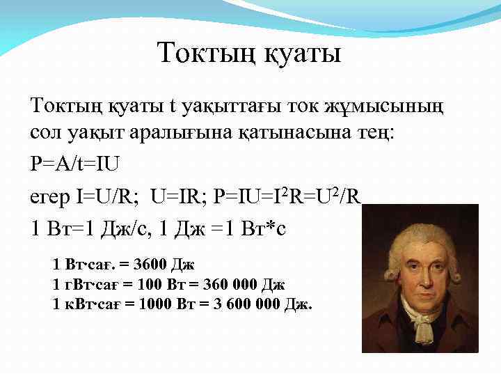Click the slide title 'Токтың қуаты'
click(249, 53)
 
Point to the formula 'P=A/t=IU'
click(74, 165)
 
